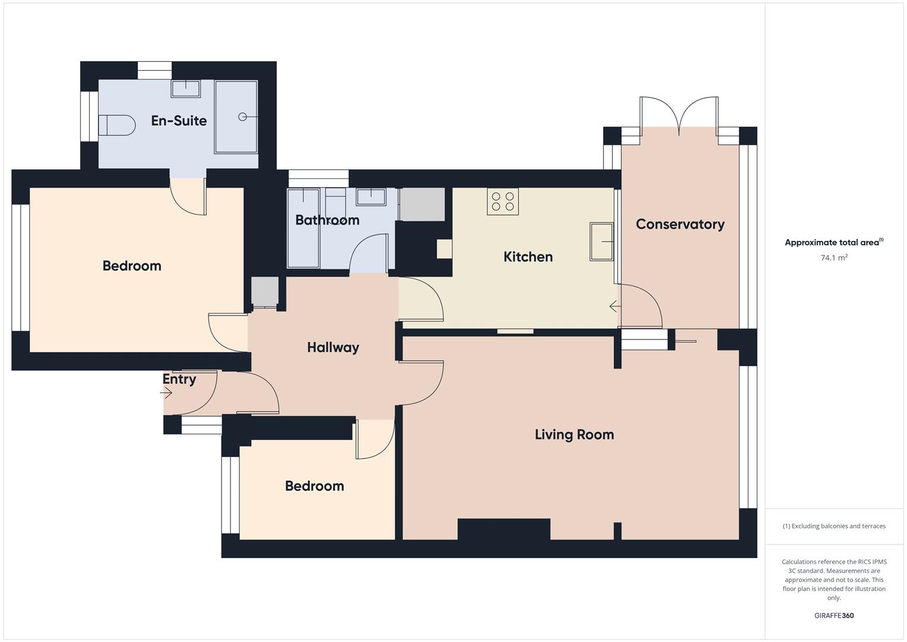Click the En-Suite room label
(179, 121)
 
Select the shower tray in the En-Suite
(236, 117)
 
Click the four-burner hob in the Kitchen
(503, 202)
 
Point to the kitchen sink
(601, 241)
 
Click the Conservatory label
(680, 224)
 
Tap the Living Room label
(574, 435)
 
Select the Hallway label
(333, 347)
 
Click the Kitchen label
(528, 257)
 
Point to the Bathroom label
(327, 220)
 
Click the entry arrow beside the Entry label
(166, 393)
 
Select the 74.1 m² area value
(833, 258)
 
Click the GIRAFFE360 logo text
(833, 615)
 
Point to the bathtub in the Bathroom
(304, 229)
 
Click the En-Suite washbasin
(186, 89)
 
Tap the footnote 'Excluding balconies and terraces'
(833, 526)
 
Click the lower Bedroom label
(314, 486)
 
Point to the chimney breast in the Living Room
(504, 529)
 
